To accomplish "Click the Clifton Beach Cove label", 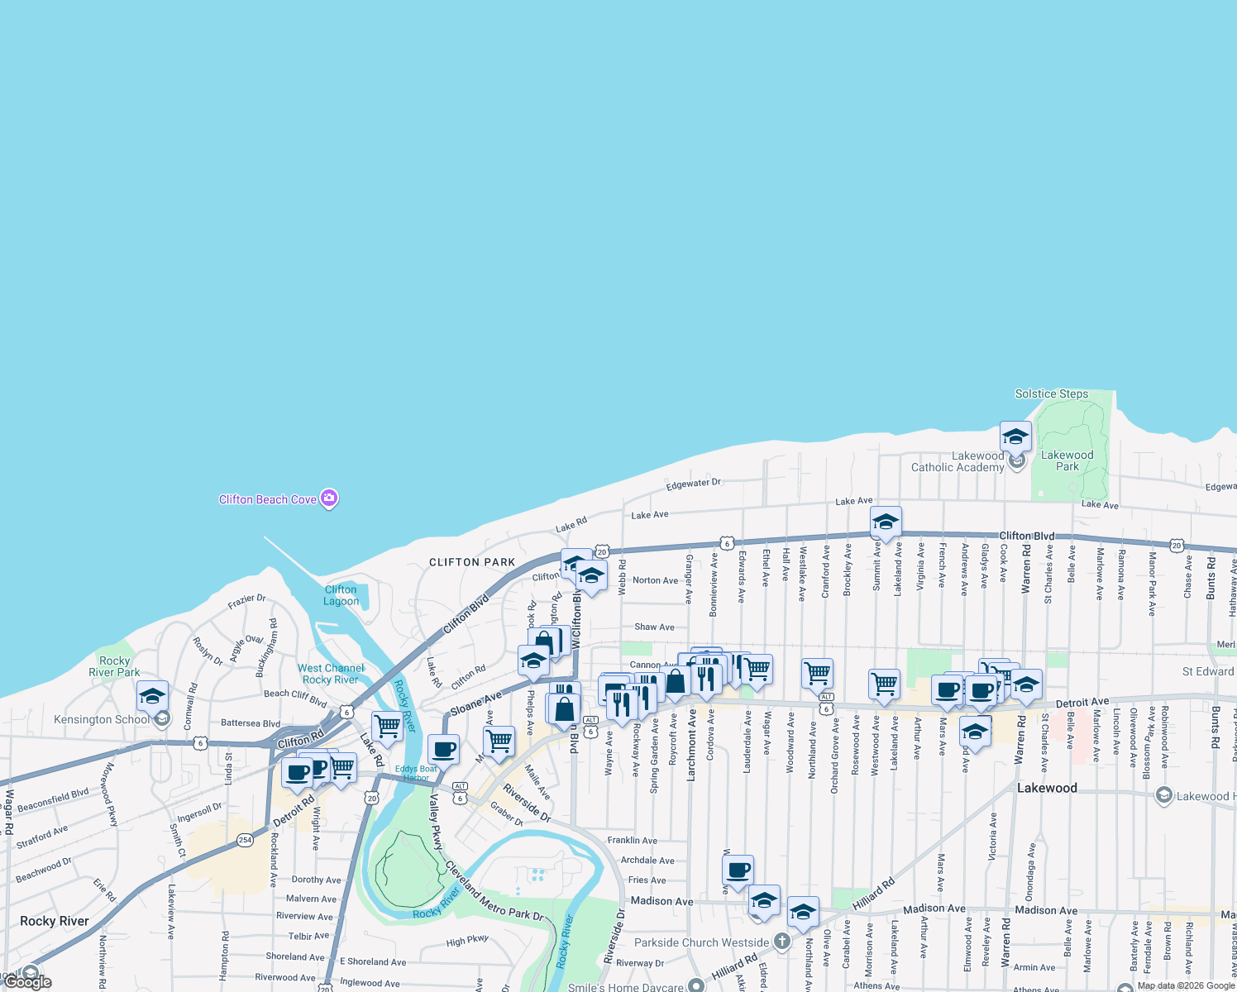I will coord(267,499).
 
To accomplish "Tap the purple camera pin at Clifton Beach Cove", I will coord(329,498).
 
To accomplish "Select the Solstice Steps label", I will coord(1052,393).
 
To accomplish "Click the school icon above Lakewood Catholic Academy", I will coord(1015,436).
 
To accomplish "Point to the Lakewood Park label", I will coord(1067,460).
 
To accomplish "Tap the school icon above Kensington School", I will coord(153,696).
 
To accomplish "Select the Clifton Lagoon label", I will coord(341,595).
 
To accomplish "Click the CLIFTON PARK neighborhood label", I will coord(472,562).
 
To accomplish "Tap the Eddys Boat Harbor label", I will coord(416,773).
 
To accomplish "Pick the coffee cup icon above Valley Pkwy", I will coord(444,750).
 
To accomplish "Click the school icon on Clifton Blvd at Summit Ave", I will coord(886,522).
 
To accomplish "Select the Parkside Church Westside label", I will coord(701,942).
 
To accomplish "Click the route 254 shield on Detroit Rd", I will coord(245,840).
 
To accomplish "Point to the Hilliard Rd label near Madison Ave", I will coord(875,894).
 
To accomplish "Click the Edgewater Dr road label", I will coord(694,484).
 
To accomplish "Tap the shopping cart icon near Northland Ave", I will coord(817,673).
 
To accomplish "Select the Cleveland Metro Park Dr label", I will coord(494,890).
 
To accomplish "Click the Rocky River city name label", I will coord(55,921).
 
